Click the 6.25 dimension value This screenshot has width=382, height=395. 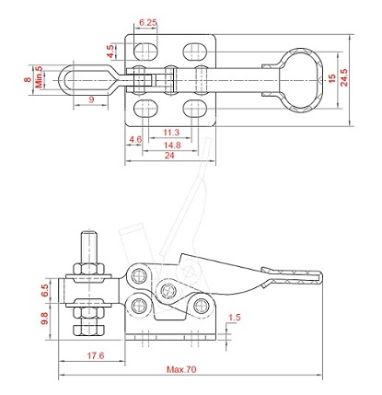[x=148, y=22]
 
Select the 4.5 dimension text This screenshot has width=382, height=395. [x=110, y=52]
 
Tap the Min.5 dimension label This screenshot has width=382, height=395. [x=39, y=76]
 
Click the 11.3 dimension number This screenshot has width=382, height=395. [x=171, y=133]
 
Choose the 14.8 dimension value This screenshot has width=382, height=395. [x=172, y=145]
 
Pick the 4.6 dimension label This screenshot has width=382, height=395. [x=135, y=140]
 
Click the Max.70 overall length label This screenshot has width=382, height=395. [x=181, y=369]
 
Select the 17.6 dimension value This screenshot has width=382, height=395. [x=96, y=355]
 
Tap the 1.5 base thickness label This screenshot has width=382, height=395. [x=235, y=318]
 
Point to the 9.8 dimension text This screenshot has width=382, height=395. [x=45, y=319]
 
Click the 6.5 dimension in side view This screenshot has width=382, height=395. [x=45, y=290]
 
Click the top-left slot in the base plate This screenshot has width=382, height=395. [x=145, y=52]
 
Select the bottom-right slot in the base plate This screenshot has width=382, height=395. [x=195, y=109]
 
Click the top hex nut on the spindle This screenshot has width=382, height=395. [x=88, y=269]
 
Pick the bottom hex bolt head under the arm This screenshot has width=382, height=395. [x=89, y=330]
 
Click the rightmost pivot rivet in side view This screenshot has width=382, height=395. [x=202, y=306]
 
